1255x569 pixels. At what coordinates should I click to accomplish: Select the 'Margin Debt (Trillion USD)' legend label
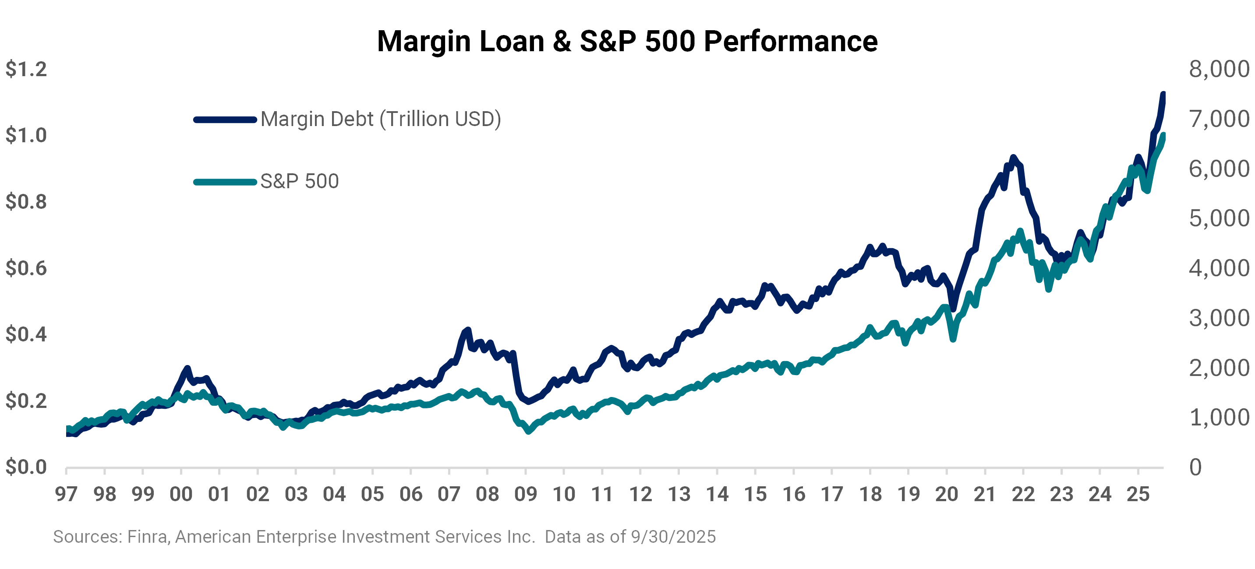point(381,119)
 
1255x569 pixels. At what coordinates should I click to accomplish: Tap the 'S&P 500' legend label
point(299,182)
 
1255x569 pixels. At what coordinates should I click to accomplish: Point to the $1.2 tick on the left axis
point(26,69)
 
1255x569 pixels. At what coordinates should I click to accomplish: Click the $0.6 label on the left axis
point(26,268)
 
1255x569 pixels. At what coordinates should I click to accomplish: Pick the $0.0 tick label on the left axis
point(26,467)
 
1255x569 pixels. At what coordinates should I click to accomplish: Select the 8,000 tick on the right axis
point(1219,69)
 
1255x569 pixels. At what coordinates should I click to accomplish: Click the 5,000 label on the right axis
point(1219,218)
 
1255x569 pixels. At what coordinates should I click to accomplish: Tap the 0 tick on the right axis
point(1195,467)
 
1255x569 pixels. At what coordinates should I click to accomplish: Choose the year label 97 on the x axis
point(66,495)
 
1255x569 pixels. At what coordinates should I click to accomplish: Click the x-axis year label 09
point(526,495)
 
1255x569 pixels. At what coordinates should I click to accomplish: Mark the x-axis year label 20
point(947,495)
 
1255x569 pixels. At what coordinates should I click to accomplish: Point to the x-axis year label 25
point(1138,495)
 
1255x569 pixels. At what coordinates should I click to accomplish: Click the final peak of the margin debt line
point(1163,94)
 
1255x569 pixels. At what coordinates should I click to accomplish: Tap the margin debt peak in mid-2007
point(468,330)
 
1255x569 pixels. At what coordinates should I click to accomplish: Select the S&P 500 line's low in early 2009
point(529,431)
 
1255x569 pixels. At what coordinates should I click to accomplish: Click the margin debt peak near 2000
point(187,369)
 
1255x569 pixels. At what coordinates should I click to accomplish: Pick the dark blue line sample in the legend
point(225,119)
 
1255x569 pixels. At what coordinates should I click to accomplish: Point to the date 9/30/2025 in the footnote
point(673,537)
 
